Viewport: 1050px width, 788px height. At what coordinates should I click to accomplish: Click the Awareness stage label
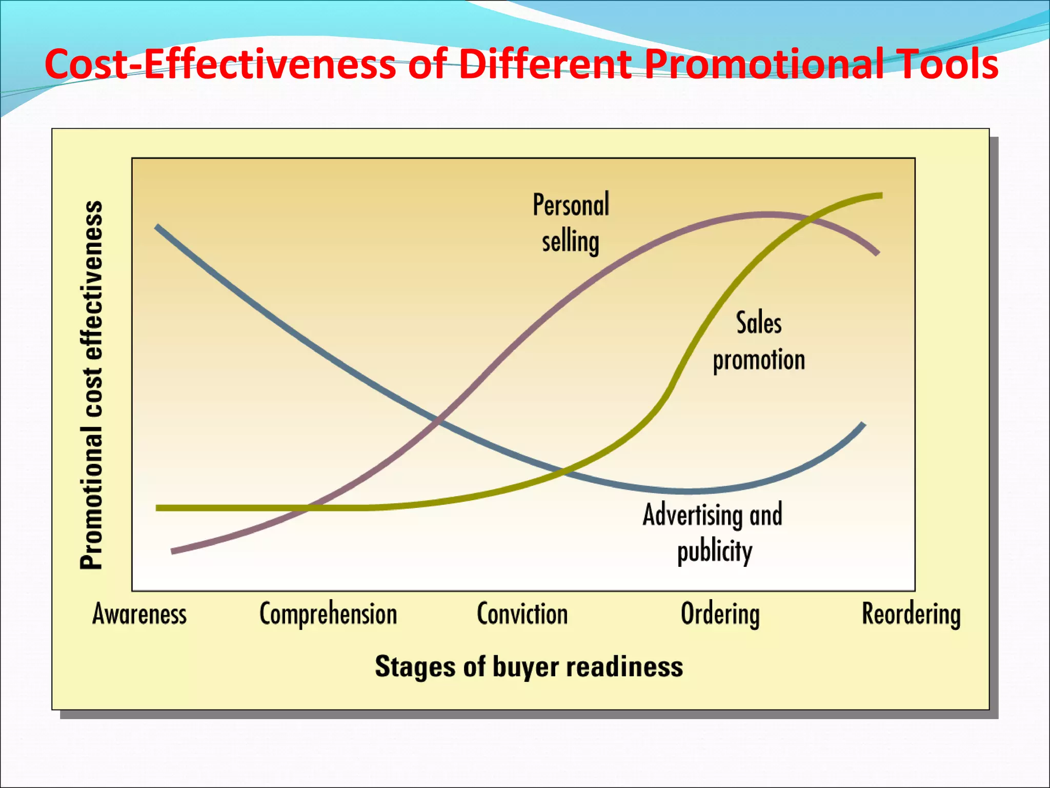click(139, 614)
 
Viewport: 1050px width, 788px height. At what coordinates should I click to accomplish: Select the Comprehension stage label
click(328, 614)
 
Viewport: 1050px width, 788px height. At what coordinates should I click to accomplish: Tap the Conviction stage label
click(522, 614)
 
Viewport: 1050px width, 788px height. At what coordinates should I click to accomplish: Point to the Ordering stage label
click(720, 614)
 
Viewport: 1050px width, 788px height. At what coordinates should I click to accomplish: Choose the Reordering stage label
click(911, 614)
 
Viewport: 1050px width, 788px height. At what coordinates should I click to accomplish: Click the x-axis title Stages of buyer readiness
click(529, 666)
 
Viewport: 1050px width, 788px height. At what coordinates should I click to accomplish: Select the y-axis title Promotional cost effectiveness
click(92, 385)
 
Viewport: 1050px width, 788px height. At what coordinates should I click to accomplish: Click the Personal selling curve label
click(571, 223)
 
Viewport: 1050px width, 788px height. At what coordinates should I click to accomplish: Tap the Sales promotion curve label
click(759, 341)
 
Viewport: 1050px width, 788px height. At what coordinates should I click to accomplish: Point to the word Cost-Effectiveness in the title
click(220, 64)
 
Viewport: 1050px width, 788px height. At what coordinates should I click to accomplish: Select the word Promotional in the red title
click(764, 64)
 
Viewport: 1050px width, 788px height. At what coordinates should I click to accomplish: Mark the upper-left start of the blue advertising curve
click(157, 227)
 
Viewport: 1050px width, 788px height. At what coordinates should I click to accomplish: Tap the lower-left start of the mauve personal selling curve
click(173, 551)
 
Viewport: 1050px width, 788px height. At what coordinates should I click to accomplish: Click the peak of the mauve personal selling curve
click(766, 214)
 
